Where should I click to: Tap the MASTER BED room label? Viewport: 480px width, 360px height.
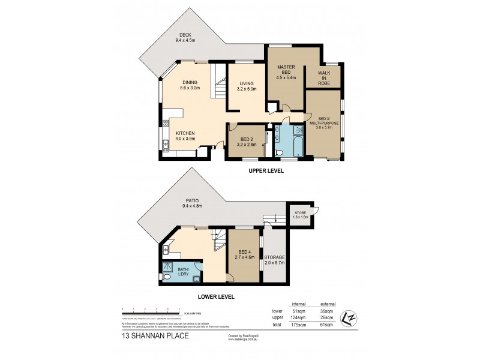[x=285, y=73]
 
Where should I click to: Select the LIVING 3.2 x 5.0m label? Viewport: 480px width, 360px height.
[x=247, y=86]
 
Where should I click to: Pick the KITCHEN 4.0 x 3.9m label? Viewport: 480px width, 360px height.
[x=188, y=136]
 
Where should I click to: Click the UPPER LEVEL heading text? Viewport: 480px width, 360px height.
[x=266, y=171]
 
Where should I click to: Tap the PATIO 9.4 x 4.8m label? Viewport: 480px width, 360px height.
[x=193, y=203]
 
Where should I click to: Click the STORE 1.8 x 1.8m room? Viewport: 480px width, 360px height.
[x=300, y=214]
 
